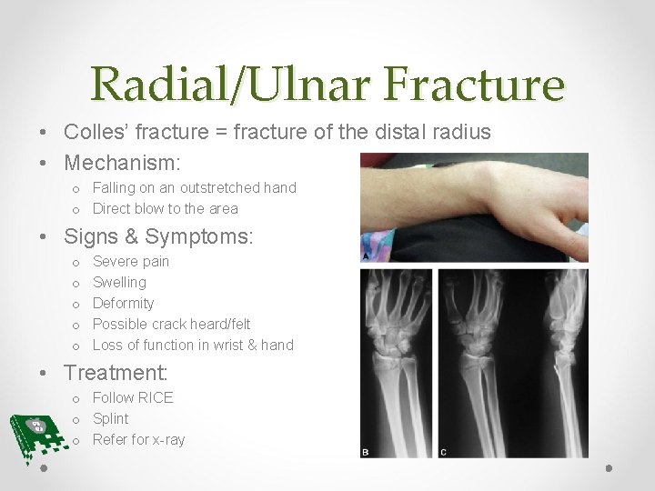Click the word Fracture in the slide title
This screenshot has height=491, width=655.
[x=474, y=85]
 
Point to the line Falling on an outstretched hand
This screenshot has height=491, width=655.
[x=194, y=187]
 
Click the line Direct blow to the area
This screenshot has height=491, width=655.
[x=165, y=208]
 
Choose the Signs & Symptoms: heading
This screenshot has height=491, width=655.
[x=158, y=237]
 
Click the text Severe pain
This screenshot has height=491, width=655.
[x=131, y=261]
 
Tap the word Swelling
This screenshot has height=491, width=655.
[x=119, y=282]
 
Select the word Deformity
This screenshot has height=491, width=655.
[x=123, y=303]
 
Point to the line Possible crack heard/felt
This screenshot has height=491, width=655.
[x=171, y=324]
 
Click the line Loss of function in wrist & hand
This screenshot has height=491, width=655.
[x=193, y=345]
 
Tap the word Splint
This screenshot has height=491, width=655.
[x=110, y=418]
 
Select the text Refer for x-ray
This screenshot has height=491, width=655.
[x=138, y=439]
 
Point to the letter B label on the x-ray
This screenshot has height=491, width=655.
[x=367, y=451]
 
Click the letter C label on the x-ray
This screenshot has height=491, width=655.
[x=443, y=451]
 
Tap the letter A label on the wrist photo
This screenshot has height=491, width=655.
[x=367, y=256]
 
